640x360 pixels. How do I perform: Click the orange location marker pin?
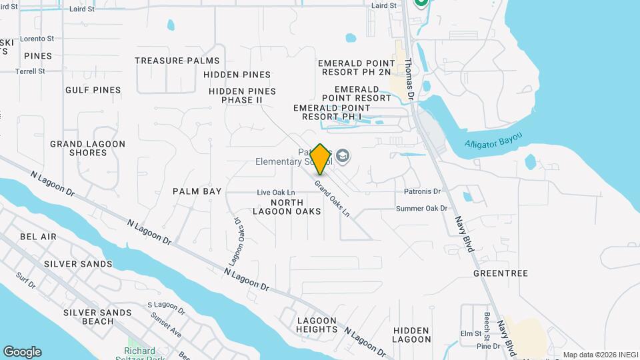click(x=321, y=159)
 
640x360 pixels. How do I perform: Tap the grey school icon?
click(x=343, y=156)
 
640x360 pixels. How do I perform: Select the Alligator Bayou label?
click(x=493, y=143)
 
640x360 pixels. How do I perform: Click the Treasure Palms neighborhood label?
click(x=177, y=61)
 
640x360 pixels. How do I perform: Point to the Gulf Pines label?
click(x=93, y=90)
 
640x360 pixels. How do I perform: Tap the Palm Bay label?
click(x=197, y=191)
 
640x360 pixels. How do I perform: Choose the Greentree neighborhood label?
click(x=500, y=273)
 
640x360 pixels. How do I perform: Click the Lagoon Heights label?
click(x=317, y=325)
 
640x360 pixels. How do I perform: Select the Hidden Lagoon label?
click(x=411, y=335)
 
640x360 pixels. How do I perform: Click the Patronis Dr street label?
click(x=423, y=191)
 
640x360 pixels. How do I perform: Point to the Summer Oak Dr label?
click(x=421, y=209)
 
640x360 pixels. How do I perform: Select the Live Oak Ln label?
click(x=276, y=193)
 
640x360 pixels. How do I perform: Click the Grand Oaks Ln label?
click(x=332, y=198)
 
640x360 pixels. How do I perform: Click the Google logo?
click(x=22, y=352)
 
